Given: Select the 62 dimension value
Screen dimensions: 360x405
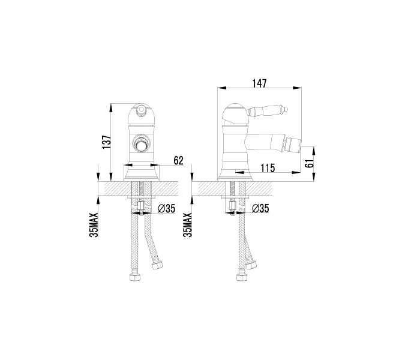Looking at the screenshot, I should click(x=178, y=160).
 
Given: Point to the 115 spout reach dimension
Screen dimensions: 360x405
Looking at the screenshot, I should click(x=268, y=169).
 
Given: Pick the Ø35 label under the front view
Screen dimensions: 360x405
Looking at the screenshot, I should click(x=166, y=209).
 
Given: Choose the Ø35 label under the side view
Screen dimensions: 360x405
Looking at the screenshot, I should click(x=260, y=209).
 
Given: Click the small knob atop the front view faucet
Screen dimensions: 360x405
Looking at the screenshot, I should click(x=142, y=109).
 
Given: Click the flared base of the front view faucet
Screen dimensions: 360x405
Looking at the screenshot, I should click(x=142, y=174).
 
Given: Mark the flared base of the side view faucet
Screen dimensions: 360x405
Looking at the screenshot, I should click(x=235, y=174).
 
